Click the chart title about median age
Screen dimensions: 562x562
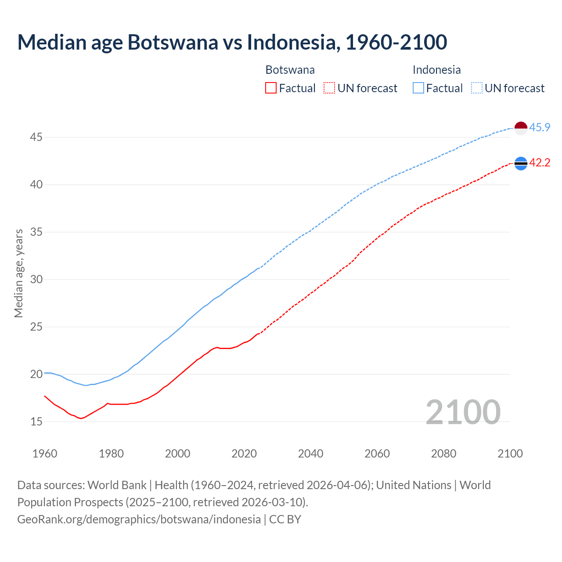232,42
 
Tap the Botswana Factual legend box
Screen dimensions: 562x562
271,88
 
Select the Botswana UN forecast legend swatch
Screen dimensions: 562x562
329,88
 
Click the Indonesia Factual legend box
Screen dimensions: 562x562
418,88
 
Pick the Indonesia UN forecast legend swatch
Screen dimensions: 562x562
476,88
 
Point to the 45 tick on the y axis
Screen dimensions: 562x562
36,137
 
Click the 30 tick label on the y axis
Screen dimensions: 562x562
36,280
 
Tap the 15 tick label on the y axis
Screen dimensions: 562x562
36,422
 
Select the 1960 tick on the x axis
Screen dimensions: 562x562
45,454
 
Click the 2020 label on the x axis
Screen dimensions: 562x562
244,454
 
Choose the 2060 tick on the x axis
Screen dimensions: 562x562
377,454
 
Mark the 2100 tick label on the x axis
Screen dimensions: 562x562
510,454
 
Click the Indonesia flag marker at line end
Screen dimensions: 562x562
521,128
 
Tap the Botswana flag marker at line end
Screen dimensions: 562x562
521,163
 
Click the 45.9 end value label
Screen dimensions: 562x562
540,128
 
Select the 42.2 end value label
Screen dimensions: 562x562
540,163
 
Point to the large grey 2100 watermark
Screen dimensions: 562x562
463,412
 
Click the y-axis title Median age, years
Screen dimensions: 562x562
18,273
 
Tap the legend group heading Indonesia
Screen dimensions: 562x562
436,70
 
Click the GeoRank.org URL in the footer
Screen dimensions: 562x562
139,519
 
